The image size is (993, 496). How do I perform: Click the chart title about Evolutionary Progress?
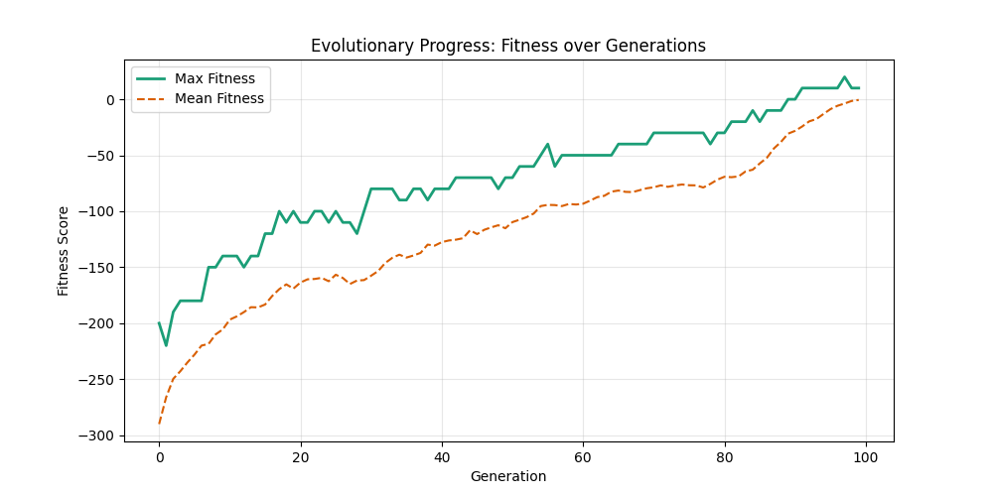coord(507,46)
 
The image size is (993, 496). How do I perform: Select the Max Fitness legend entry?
coord(214,78)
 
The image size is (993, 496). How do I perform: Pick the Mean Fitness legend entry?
coord(218,98)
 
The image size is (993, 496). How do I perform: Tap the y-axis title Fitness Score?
coord(64,250)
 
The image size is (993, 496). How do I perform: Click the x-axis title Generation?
coord(507,476)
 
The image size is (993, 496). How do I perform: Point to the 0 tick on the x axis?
coord(159,456)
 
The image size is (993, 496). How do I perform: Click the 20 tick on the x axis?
coord(300,456)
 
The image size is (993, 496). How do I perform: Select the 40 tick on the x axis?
coord(441,456)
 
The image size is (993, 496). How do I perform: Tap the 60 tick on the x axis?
coord(583,456)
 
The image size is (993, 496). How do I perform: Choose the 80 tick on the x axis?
coord(724,456)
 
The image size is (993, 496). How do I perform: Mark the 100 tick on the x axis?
coord(866,456)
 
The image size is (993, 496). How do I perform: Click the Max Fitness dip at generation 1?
coord(166,345)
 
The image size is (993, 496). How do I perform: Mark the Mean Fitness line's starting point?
coord(159,424)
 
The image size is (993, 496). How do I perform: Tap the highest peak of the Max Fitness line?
coord(844,77)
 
